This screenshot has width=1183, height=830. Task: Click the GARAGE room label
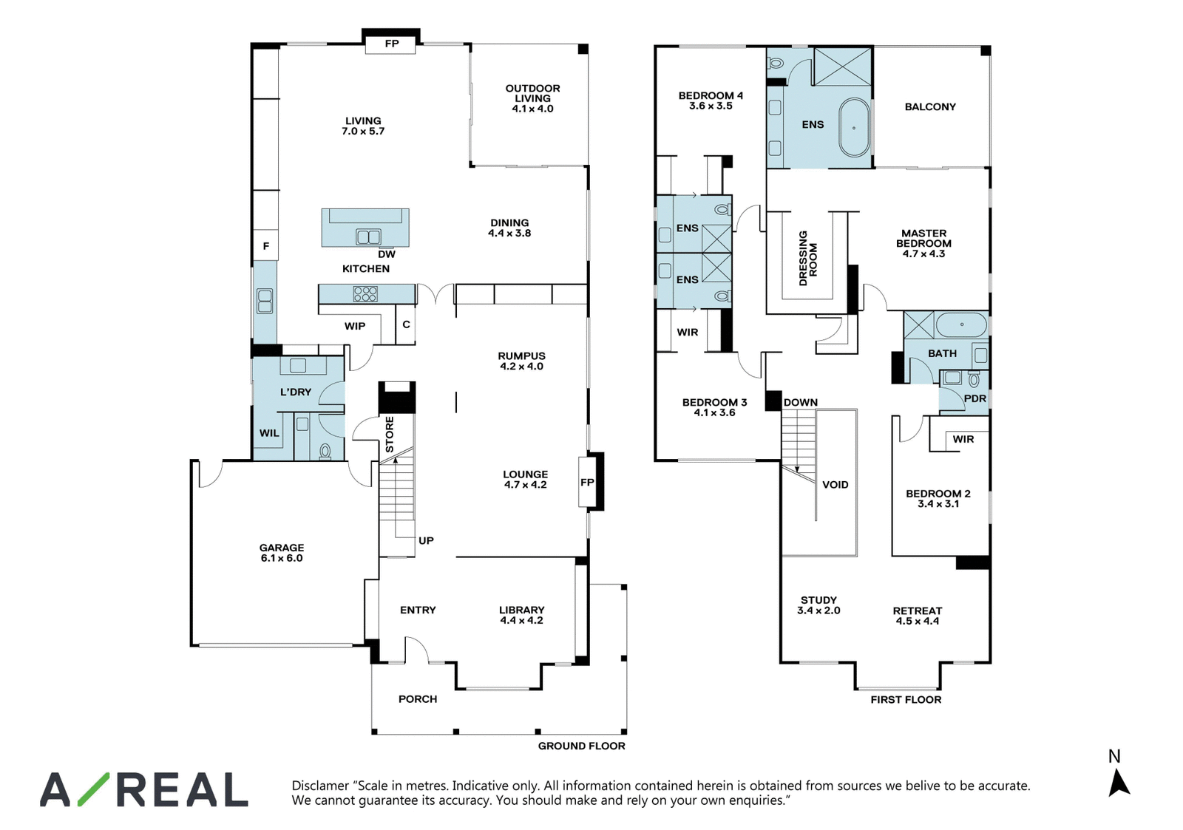[282, 548]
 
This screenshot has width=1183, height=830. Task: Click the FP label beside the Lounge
[587, 482]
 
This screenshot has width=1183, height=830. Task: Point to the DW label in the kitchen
[387, 254]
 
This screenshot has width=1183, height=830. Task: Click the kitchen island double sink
[368, 237]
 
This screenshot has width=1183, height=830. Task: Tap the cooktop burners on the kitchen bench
[365, 294]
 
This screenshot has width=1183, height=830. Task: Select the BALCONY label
[930, 106]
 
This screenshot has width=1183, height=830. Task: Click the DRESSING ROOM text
[808, 258]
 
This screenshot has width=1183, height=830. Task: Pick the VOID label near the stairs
[835, 485]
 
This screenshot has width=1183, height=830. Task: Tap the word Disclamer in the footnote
[321, 786]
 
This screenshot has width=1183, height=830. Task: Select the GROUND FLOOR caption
[581, 746]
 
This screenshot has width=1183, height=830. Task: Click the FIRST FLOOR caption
[906, 700]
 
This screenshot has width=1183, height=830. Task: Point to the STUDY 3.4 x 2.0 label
[818, 605]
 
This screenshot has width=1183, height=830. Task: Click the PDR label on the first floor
[975, 398]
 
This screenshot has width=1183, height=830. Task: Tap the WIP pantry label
[355, 326]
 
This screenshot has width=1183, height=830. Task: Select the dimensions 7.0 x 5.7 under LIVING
[363, 132]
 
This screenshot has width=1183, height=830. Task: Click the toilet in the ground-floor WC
[325, 452]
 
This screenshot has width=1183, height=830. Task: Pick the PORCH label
[418, 699]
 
